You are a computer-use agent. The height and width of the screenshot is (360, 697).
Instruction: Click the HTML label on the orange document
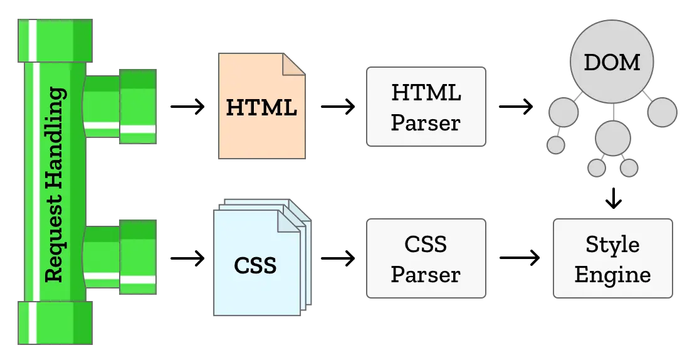pyautogui.click(x=261, y=107)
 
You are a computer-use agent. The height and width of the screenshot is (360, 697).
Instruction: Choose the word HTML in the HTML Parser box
pyautogui.click(x=426, y=93)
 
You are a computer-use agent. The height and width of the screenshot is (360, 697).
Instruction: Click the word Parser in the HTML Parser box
pyautogui.click(x=426, y=122)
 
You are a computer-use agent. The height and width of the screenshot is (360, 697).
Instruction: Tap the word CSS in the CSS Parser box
pyautogui.click(x=426, y=244)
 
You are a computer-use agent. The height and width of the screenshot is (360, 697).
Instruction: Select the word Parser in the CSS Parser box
pyautogui.click(x=426, y=274)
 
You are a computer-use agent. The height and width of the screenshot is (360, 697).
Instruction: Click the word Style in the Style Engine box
pyautogui.click(x=612, y=244)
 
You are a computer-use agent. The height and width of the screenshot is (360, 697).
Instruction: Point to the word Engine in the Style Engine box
pyautogui.click(x=612, y=274)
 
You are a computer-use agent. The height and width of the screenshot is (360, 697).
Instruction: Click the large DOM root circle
pyautogui.click(x=612, y=63)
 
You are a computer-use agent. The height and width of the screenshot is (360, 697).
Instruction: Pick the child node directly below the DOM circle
pyautogui.click(x=612, y=138)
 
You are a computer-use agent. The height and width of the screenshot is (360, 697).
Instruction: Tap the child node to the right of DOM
pyautogui.click(x=662, y=113)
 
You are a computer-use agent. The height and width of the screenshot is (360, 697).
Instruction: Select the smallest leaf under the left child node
pyautogui.click(x=556, y=145)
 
